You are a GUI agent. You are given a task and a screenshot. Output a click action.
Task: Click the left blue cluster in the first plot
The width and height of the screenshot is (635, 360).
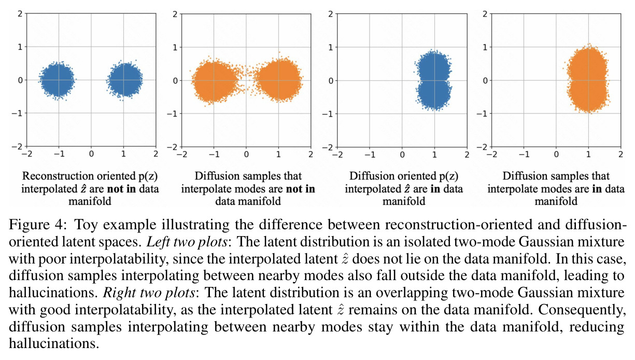57,80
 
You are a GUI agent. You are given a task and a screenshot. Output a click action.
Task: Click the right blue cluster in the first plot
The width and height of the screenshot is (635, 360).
124,80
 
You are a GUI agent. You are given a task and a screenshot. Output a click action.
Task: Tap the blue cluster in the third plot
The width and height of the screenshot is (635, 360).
433,80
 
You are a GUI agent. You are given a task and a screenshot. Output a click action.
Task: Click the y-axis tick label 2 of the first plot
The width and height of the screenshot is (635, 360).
20,13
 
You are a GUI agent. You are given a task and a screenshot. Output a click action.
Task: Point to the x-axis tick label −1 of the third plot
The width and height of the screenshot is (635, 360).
370,155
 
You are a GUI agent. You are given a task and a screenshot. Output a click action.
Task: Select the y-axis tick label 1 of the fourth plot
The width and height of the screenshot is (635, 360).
485,47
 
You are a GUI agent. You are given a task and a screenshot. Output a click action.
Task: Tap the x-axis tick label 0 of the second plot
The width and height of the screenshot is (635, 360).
246,155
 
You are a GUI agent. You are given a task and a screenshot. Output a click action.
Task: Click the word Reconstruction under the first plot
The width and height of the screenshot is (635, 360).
58,176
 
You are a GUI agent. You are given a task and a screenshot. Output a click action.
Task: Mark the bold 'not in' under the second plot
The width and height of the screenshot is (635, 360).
301,189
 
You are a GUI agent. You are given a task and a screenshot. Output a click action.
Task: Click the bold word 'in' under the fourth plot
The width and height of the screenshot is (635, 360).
597,189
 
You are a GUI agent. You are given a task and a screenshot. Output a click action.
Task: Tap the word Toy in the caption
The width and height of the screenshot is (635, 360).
86,225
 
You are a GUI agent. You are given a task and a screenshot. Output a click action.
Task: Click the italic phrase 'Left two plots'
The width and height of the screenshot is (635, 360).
187,242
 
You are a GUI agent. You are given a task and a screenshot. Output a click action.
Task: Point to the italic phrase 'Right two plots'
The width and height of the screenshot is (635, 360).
149,293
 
